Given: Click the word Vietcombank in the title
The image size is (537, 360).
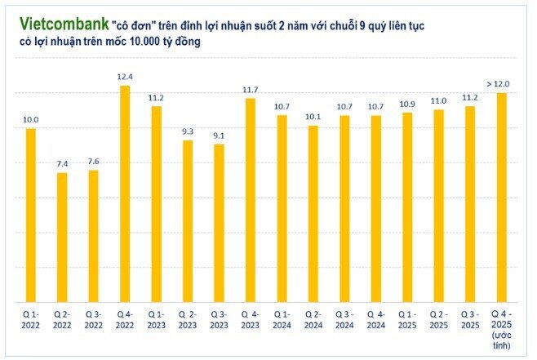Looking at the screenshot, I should click(x=55, y=27).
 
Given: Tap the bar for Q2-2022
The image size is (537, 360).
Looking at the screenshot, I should click(x=62, y=237).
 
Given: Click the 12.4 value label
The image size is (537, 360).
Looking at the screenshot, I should click(x=125, y=76).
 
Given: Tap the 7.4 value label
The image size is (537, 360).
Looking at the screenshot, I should click(x=62, y=163).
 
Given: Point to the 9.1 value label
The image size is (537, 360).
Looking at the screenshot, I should click(x=219, y=135).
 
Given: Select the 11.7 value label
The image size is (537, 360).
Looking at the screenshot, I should click(x=250, y=89).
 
